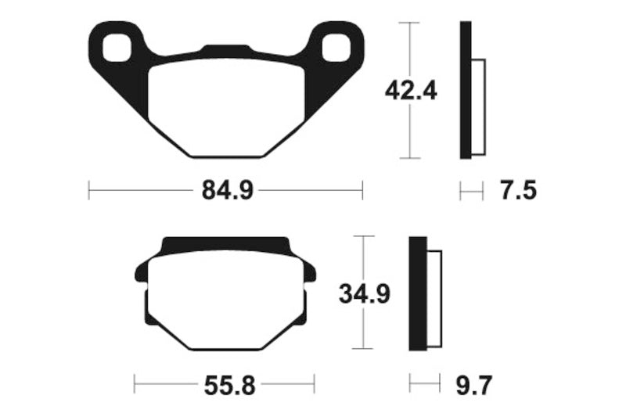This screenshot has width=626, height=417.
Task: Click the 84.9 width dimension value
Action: (225, 190)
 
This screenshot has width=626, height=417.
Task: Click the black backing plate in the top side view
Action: (466, 90)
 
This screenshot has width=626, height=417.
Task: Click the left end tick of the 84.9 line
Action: (89, 190)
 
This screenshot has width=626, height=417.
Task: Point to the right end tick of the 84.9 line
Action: (362, 190)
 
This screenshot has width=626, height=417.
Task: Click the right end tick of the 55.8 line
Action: (313, 384)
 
